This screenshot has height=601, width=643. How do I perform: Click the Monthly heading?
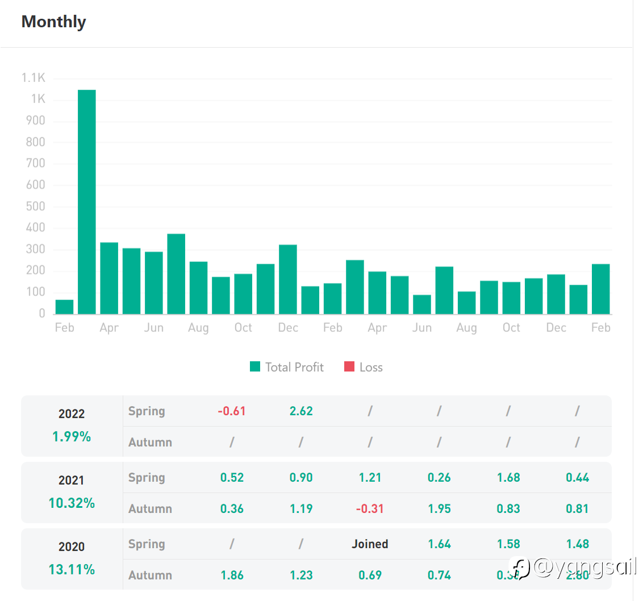(x=53, y=22)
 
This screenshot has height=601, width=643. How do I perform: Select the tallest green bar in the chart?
(x=86, y=202)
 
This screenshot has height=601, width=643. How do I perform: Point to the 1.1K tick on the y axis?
(x=34, y=78)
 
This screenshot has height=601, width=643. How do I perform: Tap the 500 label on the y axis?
(x=35, y=206)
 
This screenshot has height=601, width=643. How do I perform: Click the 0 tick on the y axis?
(x=41, y=313)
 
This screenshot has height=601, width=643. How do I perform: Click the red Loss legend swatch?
(x=349, y=367)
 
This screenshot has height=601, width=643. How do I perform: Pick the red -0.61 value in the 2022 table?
(x=232, y=411)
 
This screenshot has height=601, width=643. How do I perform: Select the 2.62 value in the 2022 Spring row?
(x=301, y=411)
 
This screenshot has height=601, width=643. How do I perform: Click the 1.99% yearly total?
(x=72, y=437)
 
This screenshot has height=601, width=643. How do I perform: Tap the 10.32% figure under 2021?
(x=72, y=503)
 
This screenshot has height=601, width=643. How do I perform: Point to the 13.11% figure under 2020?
(x=72, y=570)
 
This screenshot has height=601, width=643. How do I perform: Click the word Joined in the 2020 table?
(x=370, y=544)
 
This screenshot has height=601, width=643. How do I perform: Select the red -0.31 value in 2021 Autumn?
(x=370, y=508)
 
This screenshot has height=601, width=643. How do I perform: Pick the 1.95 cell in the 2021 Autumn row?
(x=439, y=508)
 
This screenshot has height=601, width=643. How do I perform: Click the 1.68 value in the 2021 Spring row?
(x=508, y=477)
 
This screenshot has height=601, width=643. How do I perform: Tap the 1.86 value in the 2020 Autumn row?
(x=232, y=575)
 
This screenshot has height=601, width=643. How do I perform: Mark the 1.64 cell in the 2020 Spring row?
(x=439, y=544)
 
